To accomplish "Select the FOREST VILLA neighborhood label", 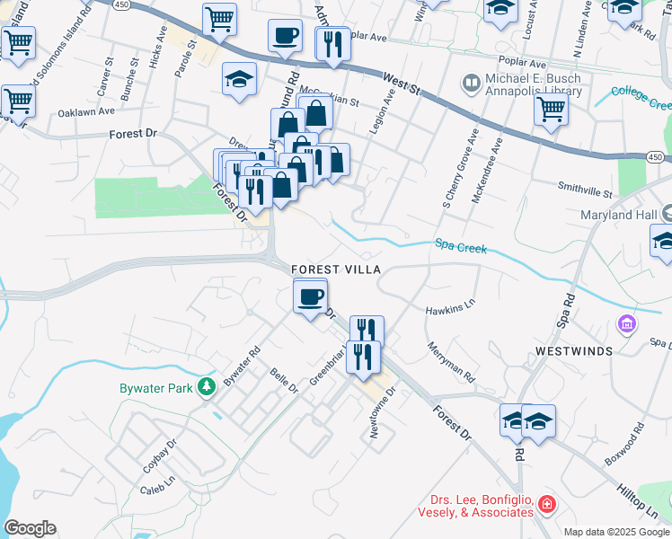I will [336, 269].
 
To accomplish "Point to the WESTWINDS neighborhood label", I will [574, 350].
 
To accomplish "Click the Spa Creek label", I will [460, 244].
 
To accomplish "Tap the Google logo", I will [30, 528].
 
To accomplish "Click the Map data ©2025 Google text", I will [616, 532].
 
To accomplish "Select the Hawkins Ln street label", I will [449, 311].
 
